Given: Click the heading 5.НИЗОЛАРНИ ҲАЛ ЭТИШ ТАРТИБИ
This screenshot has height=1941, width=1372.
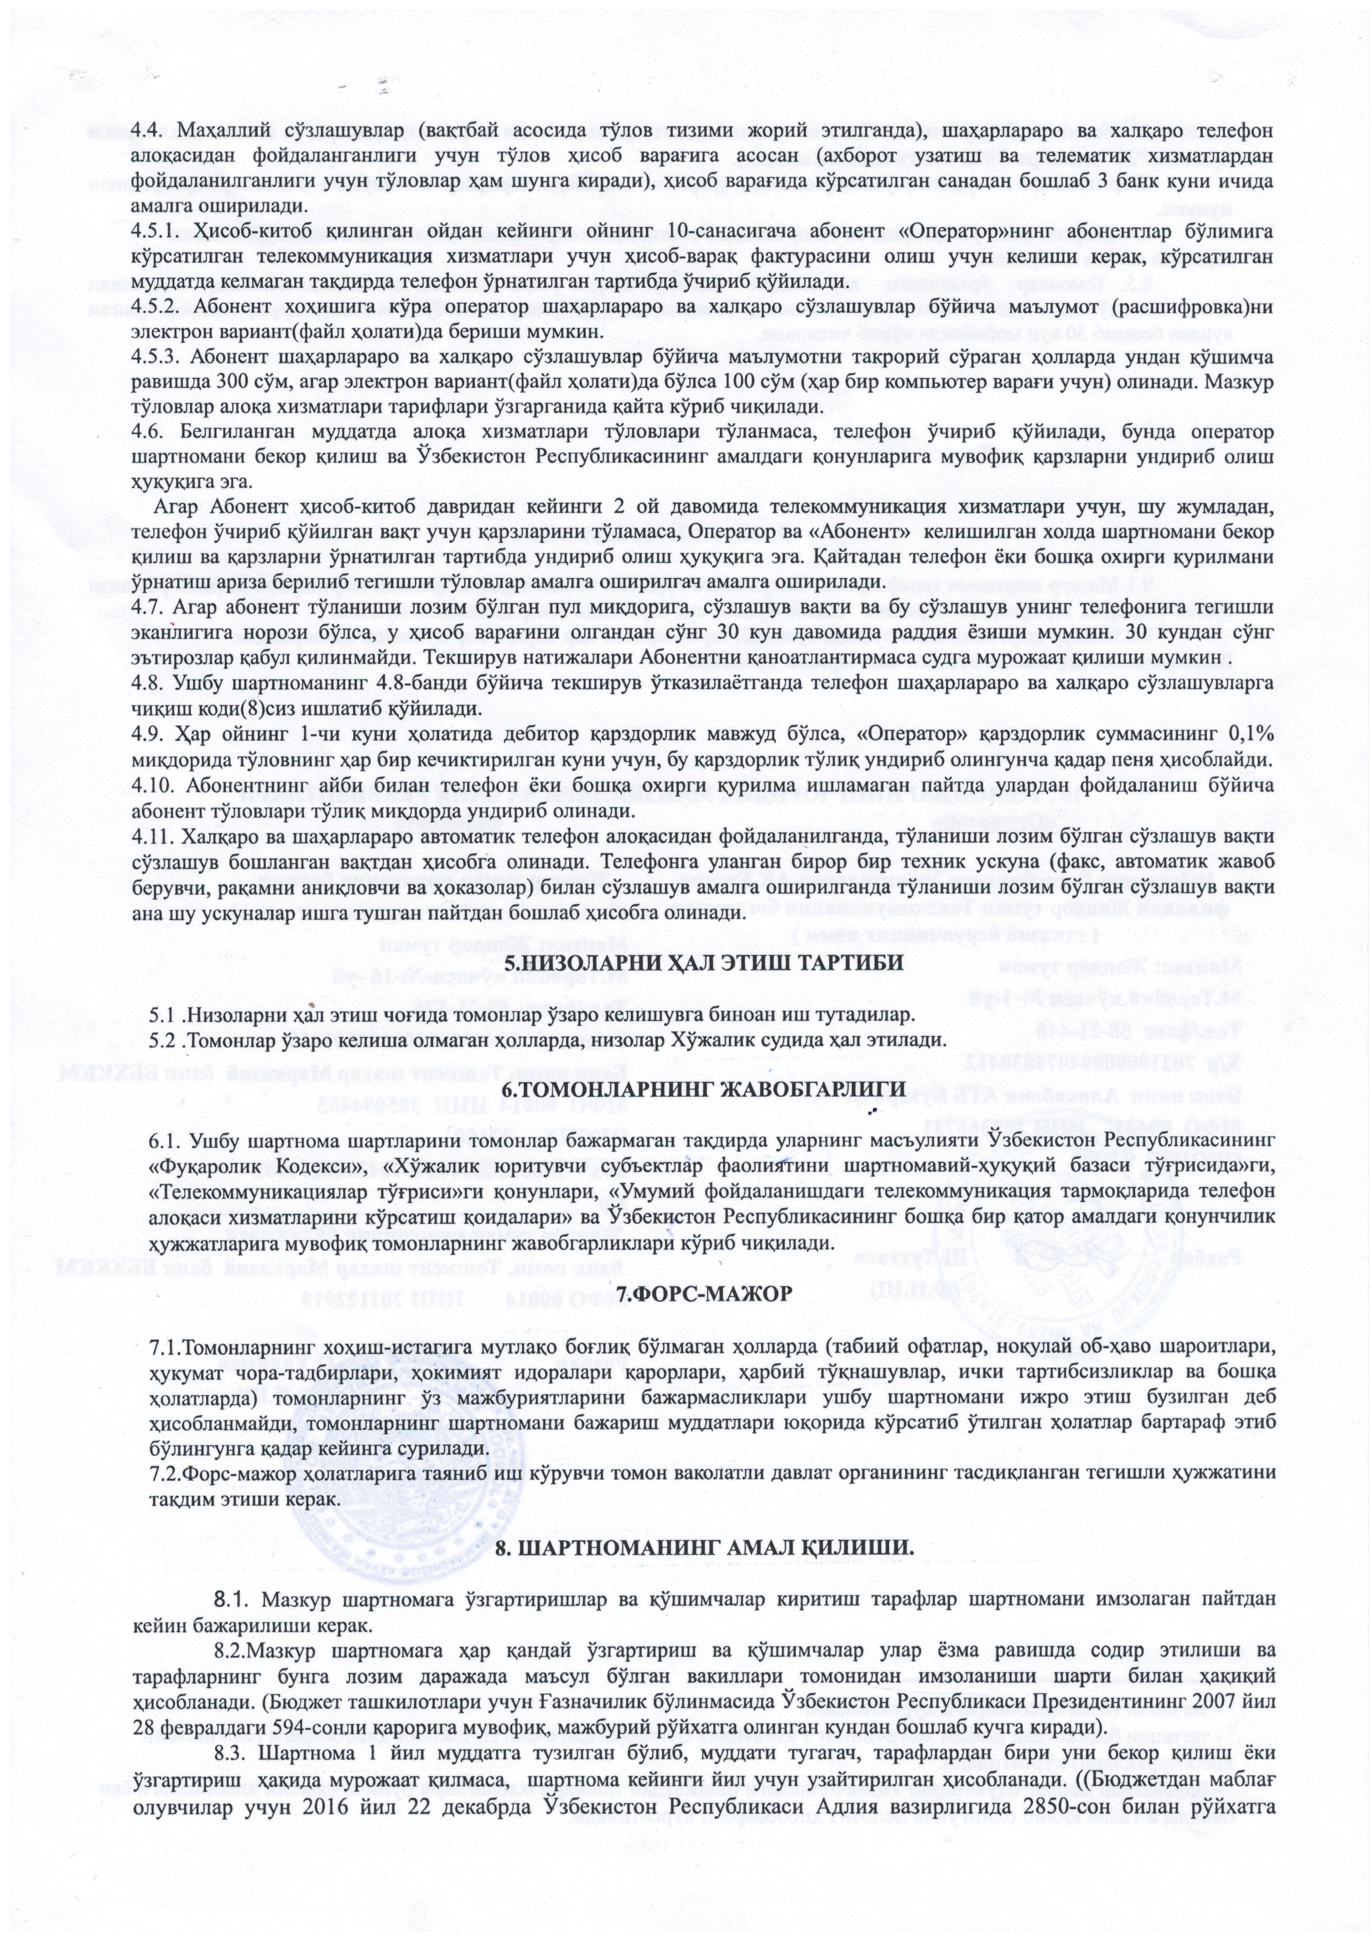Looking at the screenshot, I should [685, 963].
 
